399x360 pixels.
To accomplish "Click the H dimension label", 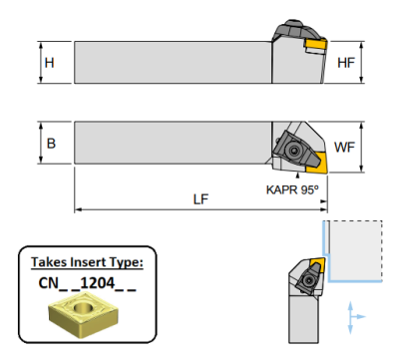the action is point(49,63).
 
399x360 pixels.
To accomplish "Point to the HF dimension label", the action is point(346,63).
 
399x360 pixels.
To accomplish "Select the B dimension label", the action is point(51,144).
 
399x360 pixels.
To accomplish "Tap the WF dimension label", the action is point(344,147).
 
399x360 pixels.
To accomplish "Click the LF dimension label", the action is point(200,199).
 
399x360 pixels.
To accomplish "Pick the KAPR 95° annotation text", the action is point(292,189).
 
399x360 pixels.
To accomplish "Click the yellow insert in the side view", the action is point(316,44).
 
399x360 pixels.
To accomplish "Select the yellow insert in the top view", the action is point(317,163).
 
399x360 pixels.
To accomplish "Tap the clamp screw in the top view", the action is point(293,151).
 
